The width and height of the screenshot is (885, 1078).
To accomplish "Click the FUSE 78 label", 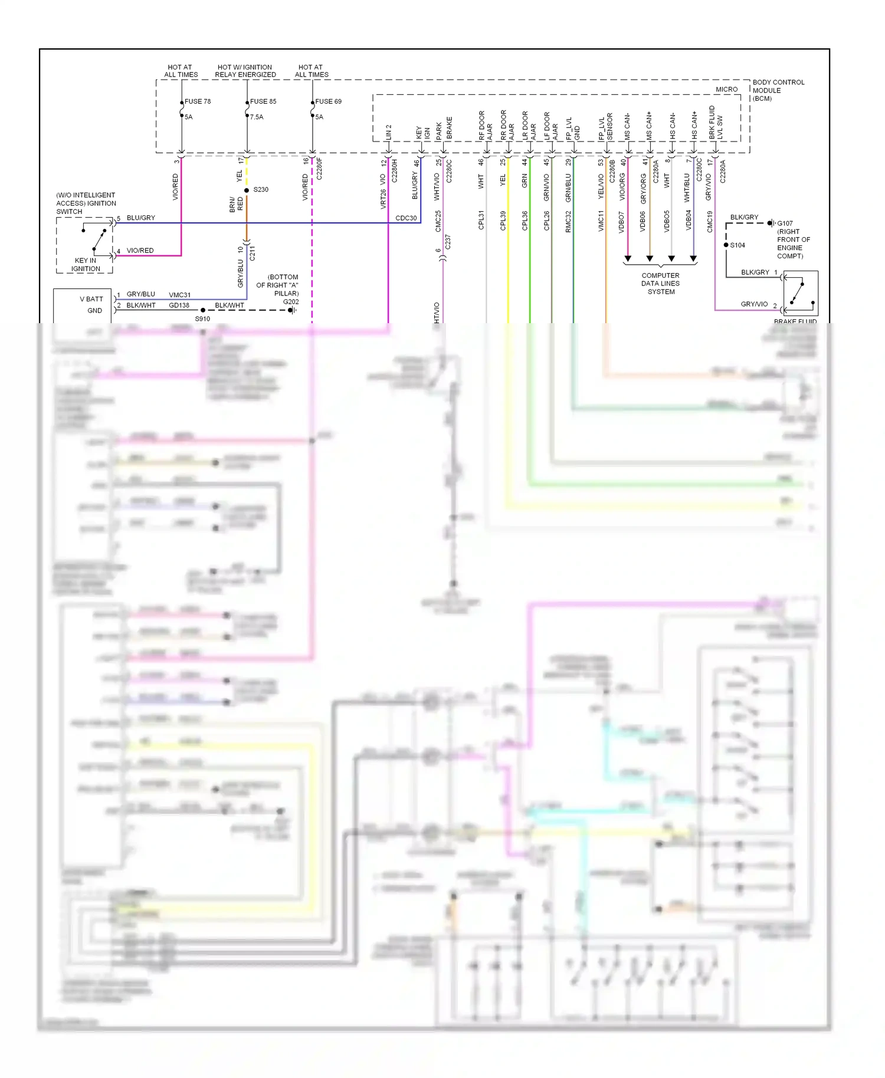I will (x=197, y=101).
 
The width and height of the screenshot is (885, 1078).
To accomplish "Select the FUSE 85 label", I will (x=263, y=101).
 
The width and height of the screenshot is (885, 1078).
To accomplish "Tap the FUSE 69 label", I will (x=328, y=101).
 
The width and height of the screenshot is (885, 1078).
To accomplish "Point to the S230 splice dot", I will (x=247, y=190).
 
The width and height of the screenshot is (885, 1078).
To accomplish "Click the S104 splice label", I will (x=737, y=245).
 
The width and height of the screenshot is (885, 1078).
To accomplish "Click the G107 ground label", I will (x=785, y=224).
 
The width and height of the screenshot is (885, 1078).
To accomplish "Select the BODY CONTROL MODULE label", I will (x=778, y=90).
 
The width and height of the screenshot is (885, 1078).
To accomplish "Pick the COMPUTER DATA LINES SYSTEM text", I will (x=660, y=284).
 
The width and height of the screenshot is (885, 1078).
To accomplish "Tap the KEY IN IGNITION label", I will (x=86, y=264).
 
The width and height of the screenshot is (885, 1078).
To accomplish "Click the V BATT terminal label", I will (x=91, y=299).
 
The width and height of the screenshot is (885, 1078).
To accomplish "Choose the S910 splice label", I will (x=202, y=319).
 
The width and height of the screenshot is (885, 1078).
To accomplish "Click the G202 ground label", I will (x=291, y=302).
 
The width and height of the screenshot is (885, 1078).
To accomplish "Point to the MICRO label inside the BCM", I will (x=726, y=90).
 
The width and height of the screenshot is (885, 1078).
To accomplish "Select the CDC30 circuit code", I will (x=406, y=218).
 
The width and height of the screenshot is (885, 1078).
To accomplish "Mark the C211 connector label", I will (x=253, y=254).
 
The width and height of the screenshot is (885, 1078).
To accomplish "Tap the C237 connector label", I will (x=448, y=242).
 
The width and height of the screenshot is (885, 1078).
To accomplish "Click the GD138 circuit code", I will (x=179, y=305).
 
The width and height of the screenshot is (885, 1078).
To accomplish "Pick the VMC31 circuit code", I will (x=179, y=295).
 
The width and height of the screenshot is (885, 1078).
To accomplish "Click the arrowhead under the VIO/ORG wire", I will (x=628, y=259).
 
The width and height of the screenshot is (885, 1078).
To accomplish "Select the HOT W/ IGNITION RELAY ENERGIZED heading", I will (x=245, y=71).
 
